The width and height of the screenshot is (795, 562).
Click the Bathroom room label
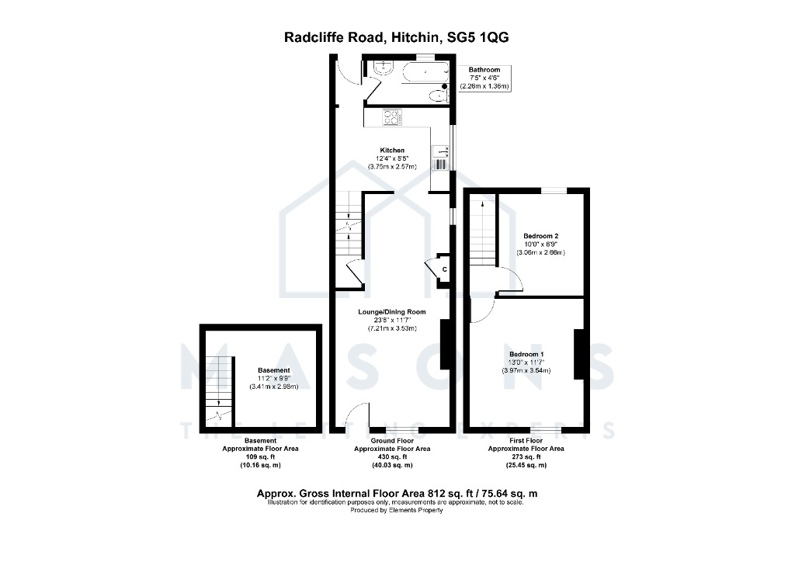(484, 70)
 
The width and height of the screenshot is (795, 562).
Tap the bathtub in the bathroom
(425, 72)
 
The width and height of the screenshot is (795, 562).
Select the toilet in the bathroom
(439, 95)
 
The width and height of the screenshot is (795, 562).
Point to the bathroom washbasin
(384, 68)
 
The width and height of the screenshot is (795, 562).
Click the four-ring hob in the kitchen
(392, 117)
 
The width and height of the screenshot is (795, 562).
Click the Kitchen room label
(392, 151)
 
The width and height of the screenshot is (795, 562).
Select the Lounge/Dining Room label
(392, 312)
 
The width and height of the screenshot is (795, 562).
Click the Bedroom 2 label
(540, 236)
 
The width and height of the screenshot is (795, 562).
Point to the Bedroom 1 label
(526, 354)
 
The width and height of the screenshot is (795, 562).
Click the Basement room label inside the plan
(274, 370)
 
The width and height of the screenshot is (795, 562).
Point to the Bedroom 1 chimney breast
(578, 354)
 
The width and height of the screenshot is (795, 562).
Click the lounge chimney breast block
(445, 344)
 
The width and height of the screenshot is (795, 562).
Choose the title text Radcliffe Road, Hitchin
(363, 37)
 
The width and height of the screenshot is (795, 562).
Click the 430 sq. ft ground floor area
(392, 457)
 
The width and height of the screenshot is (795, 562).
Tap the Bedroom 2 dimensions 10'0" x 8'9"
(540, 245)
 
